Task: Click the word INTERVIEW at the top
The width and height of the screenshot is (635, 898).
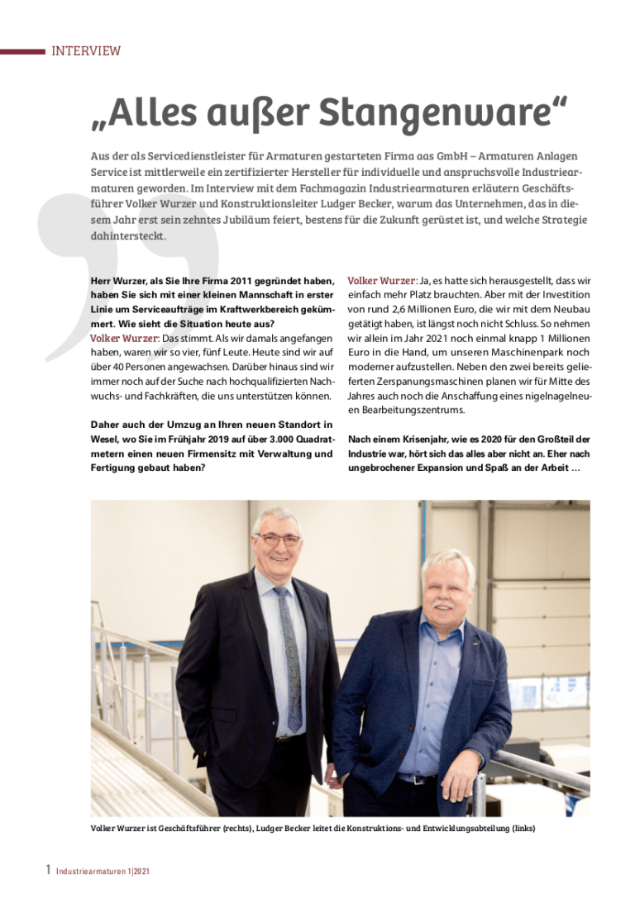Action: [x=86, y=51]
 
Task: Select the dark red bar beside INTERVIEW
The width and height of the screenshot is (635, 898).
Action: [x=22, y=51]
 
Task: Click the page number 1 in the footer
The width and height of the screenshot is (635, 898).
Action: [x=48, y=870]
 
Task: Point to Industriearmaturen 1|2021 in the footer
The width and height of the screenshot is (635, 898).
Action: [x=103, y=872]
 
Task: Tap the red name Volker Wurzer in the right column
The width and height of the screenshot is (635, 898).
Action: [x=382, y=281]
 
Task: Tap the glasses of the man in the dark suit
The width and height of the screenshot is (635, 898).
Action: [x=278, y=539]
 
